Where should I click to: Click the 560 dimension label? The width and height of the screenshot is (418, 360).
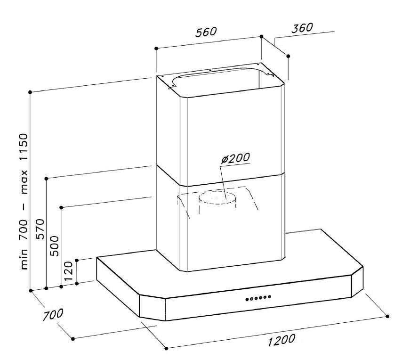(x=206, y=32)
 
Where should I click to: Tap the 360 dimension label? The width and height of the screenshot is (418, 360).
(x=302, y=28)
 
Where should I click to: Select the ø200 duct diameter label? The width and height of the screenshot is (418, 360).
(x=236, y=158)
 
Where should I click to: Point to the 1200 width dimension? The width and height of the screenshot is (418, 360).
(x=281, y=339)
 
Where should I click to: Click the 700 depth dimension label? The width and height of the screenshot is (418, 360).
(x=53, y=315)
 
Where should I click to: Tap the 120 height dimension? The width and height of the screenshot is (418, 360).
(x=68, y=270)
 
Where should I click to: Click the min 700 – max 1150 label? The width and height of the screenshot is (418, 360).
(x=24, y=202)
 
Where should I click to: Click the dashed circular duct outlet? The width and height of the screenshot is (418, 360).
(x=217, y=198)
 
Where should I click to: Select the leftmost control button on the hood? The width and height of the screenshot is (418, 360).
(x=247, y=299)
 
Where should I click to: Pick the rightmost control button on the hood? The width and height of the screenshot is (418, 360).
(x=270, y=296)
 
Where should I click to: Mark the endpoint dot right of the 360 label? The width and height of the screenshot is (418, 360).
(x=288, y=56)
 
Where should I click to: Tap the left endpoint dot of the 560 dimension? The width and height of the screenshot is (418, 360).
(x=156, y=49)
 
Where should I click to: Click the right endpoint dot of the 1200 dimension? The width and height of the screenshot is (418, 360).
(x=387, y=316)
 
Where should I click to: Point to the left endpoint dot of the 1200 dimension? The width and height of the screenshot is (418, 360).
(x=166, y=349)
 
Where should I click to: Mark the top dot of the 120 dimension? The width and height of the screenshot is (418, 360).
(x=77, y=260)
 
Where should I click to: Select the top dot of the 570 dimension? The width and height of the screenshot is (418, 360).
(x=46, y=178)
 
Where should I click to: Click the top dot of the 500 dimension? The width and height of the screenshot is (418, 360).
(x=61, y=208)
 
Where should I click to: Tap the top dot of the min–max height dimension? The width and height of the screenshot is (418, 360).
(x=30, y=92)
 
